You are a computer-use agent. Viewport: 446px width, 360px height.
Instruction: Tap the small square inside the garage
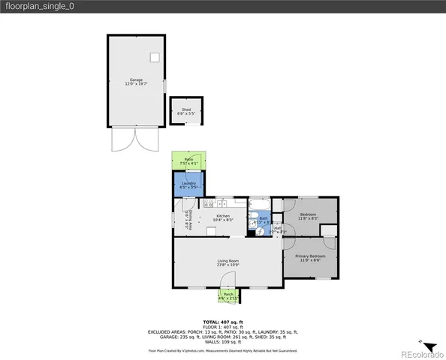pyautogui.click(x=155, y=57)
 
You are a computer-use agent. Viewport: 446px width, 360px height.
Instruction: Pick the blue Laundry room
pyautogui.click(x=188, y=184)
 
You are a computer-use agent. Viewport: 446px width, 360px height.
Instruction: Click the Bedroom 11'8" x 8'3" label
pyautogui.click(x=308, y=216)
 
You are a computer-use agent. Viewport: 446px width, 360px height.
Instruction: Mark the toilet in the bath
pyautogui.click(x=253, y=229)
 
